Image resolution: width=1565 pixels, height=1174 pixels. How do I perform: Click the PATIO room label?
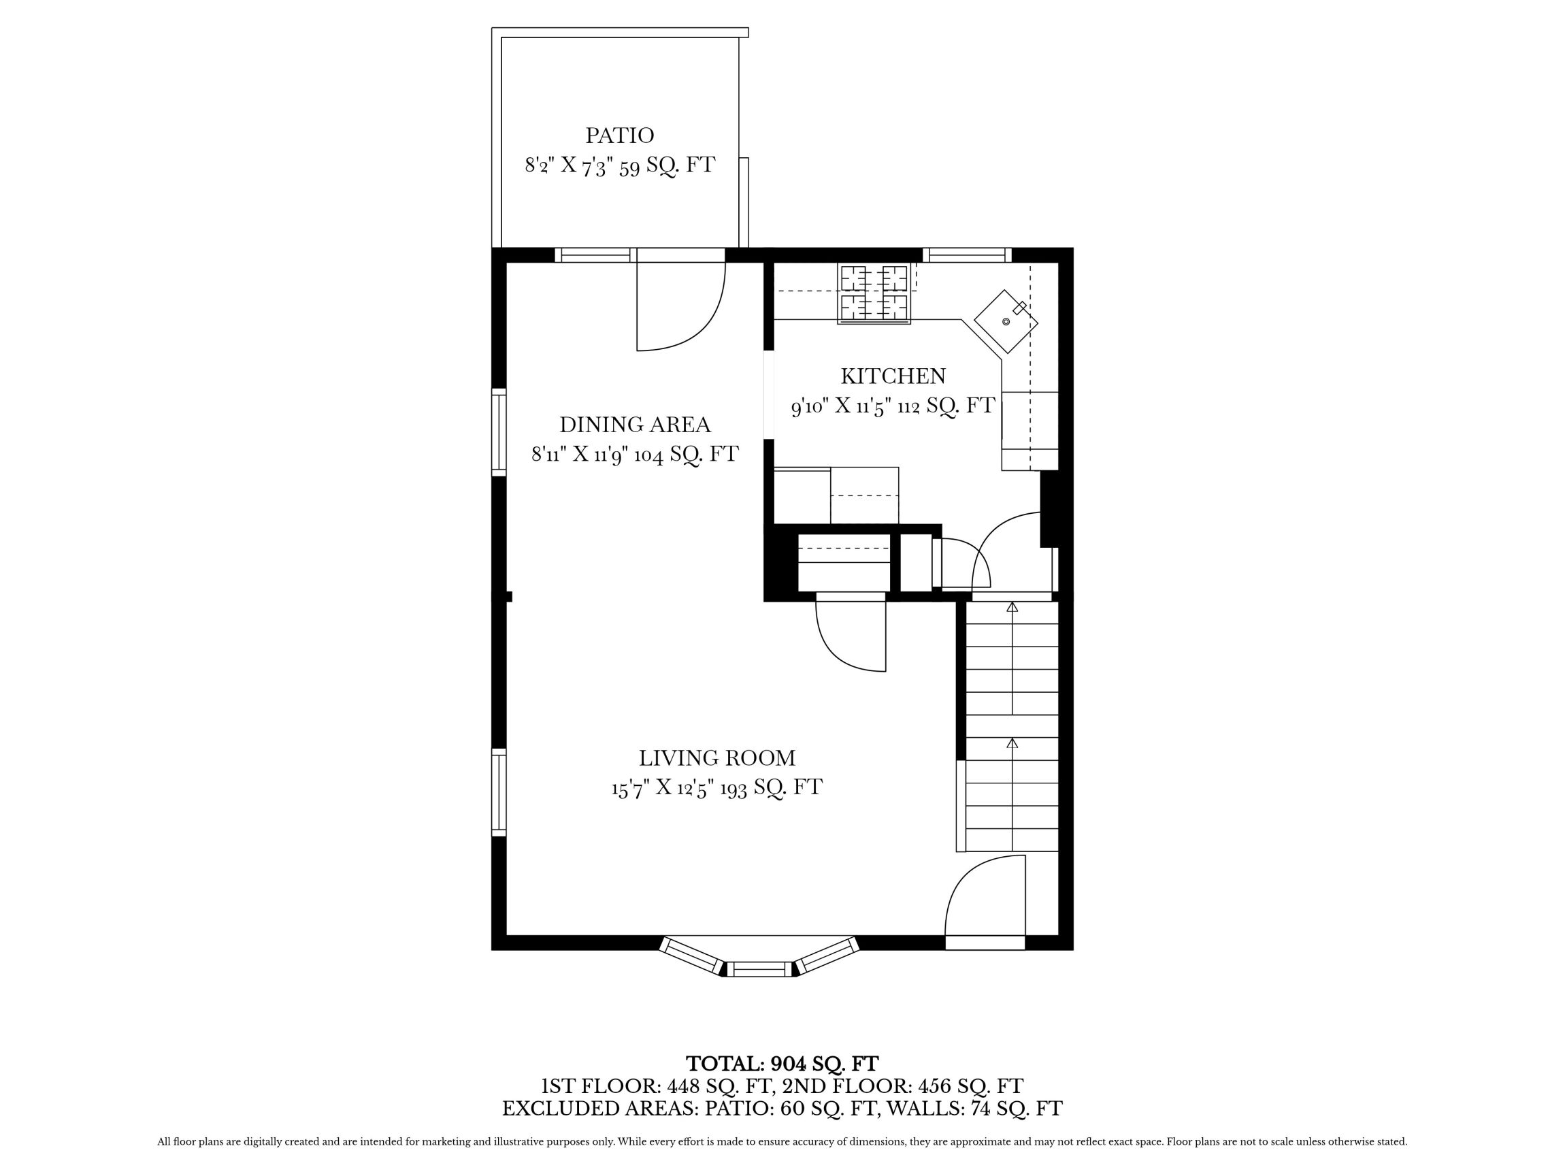pos(619,135)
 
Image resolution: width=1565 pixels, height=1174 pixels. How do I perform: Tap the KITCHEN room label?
pos(892,376)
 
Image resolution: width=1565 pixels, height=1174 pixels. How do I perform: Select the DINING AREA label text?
pos(635,425)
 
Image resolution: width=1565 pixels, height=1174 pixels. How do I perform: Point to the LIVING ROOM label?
pos(716,758)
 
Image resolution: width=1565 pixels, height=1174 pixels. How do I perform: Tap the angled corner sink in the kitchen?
pos(1006,321)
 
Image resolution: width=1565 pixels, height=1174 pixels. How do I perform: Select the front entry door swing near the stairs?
pos(983,899)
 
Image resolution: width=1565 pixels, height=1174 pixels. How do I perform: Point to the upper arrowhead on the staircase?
pos(1012,607)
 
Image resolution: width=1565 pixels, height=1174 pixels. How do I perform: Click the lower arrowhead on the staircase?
pos(1012,743)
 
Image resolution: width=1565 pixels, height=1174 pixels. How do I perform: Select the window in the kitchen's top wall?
pos(966,255)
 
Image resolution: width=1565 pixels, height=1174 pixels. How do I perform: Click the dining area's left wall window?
pos(499,431)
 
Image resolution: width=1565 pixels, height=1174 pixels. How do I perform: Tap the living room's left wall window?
pos(499,792)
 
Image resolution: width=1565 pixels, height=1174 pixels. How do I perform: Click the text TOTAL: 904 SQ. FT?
pos(782,1064)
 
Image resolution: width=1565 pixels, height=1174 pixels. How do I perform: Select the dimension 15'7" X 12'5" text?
pos(662,787)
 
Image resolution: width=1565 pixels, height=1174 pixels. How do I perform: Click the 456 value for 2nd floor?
pos(933,1086)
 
